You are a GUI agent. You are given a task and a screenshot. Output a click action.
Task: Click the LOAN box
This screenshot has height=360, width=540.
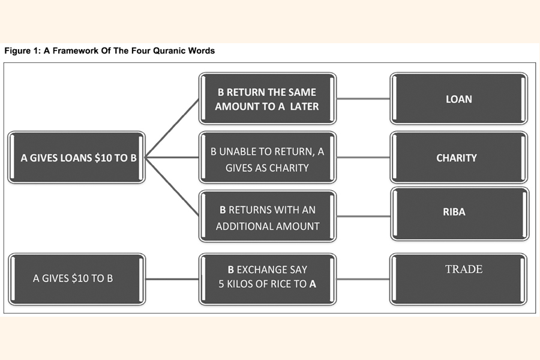(459, 99)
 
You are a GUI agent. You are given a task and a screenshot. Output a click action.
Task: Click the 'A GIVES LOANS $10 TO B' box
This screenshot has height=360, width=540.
(76, 158)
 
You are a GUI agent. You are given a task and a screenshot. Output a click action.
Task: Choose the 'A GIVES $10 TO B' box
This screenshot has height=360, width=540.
(76, 278)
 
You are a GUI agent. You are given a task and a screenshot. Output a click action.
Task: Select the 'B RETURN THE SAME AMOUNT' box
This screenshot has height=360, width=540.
(268, 99)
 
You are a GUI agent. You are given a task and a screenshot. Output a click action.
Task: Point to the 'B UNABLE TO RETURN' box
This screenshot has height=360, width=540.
(268, 158)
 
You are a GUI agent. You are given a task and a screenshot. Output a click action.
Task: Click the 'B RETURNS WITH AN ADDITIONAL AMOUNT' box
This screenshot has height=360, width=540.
(268, 217)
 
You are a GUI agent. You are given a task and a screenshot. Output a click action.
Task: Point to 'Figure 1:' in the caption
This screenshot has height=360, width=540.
(22, 51)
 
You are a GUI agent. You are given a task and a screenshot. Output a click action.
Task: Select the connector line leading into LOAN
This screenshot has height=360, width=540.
(363, 99)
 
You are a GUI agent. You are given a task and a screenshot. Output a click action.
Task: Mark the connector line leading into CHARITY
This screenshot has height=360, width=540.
(363, 158)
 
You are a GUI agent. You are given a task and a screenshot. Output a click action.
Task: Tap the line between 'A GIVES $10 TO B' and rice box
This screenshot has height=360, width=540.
(172, 279)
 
